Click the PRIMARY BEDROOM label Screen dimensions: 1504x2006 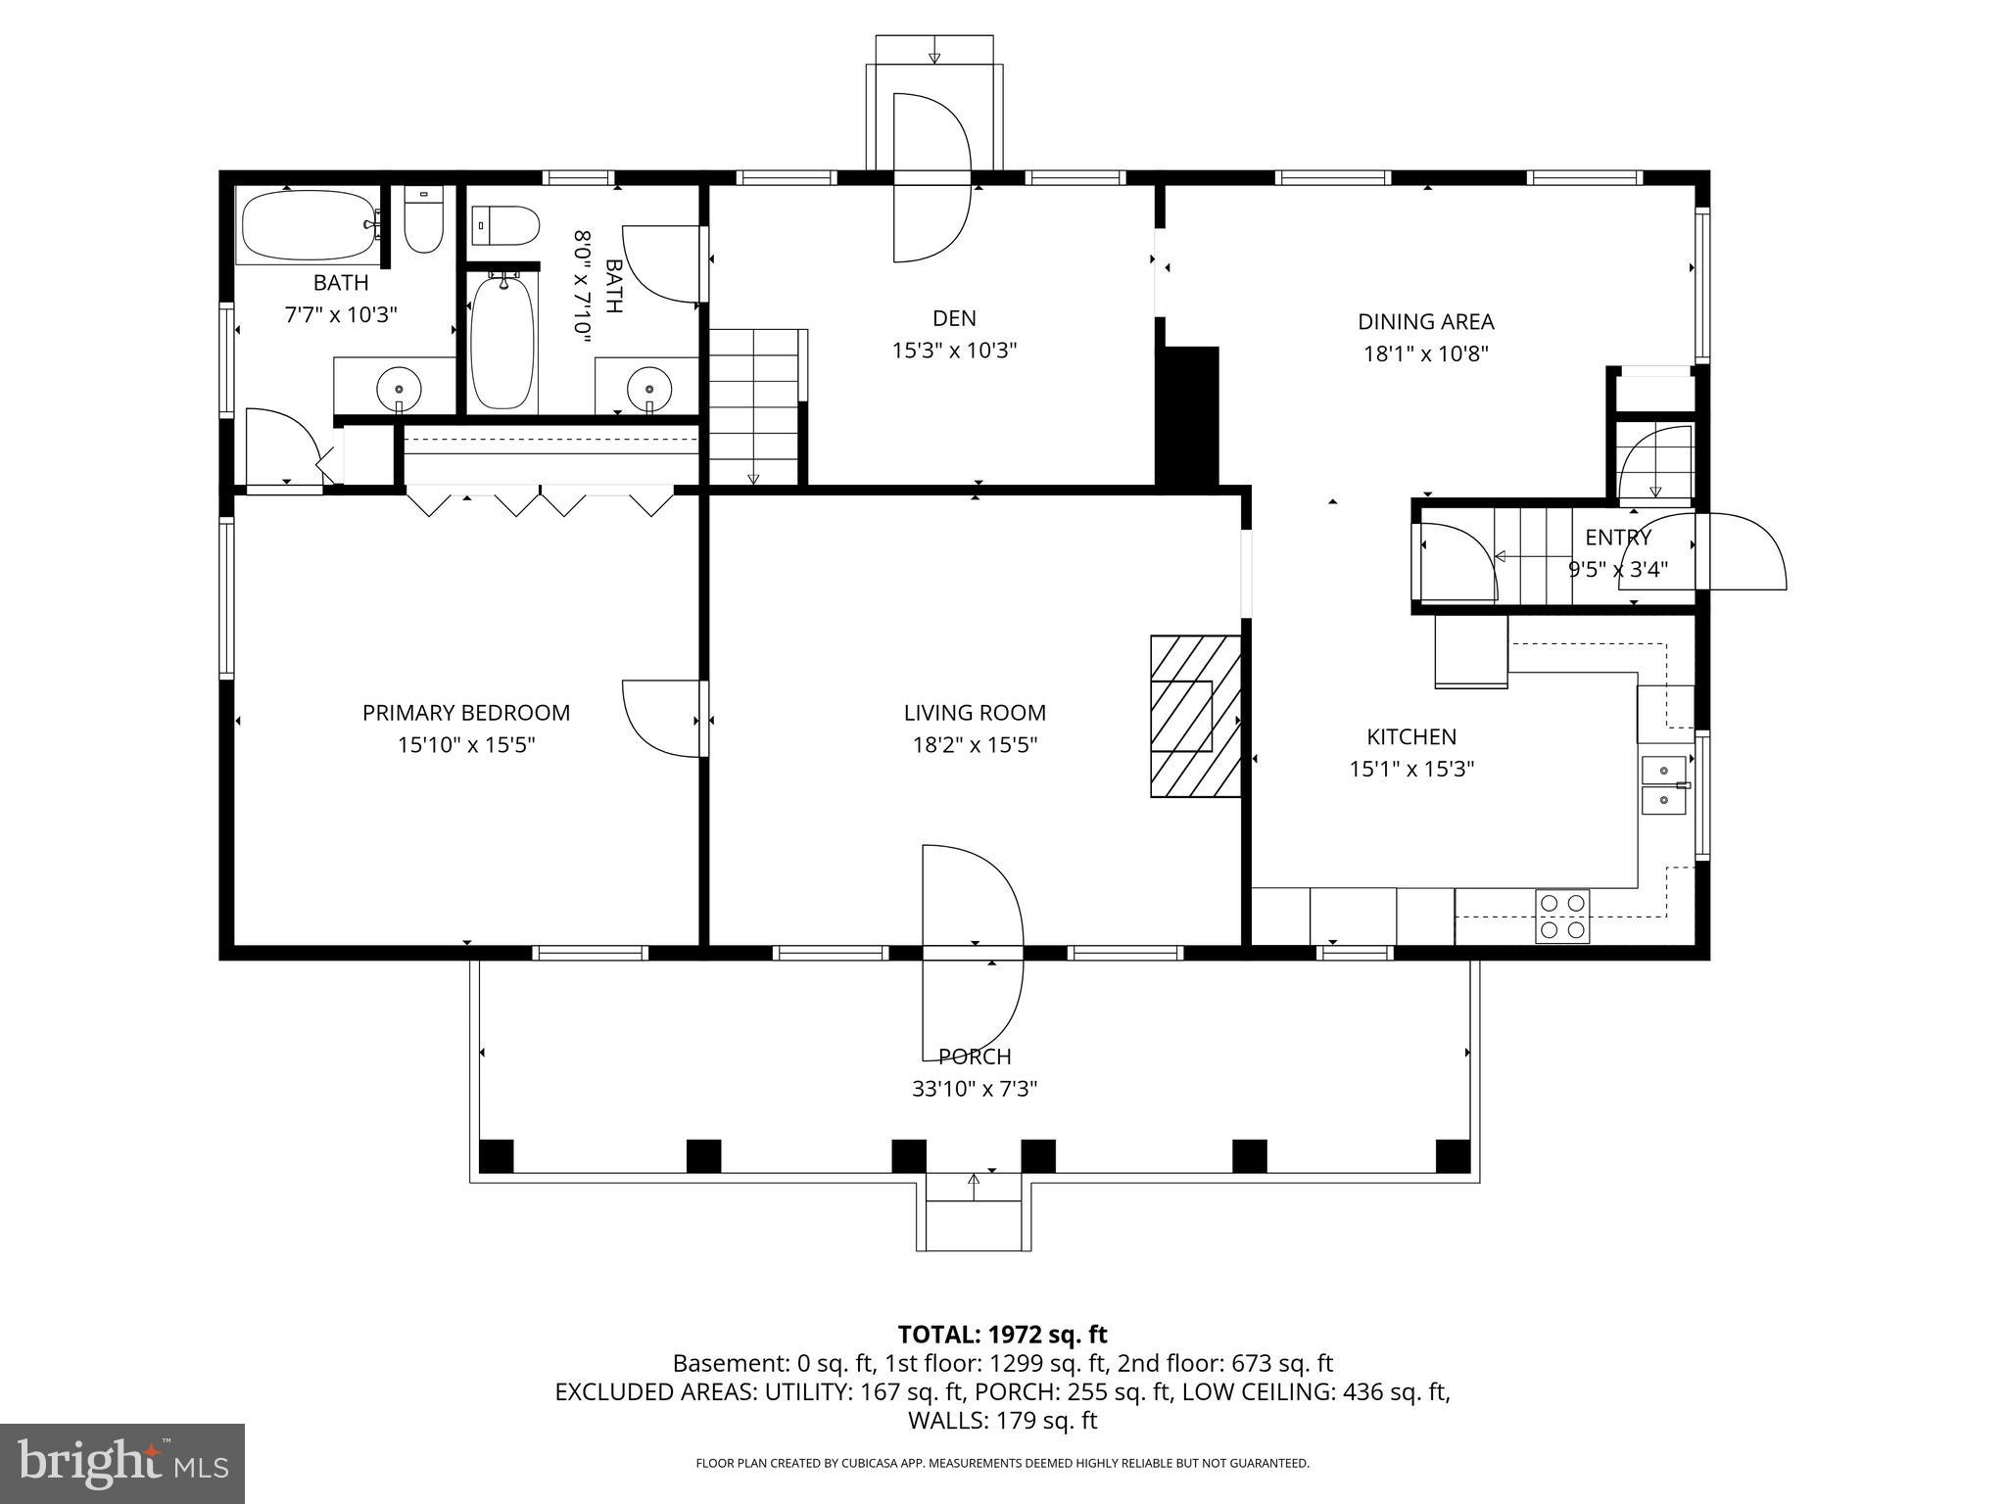(x=466, y=713)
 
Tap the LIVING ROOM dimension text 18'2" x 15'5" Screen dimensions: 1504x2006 (x=975, y=745)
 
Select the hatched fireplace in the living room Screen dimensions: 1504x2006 (x=1195, y=716)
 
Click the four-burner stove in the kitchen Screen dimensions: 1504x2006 (x=1562, y=916)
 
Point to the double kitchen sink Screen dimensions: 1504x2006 (x=1664, y=785)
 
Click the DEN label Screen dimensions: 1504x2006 (x=954, y=318)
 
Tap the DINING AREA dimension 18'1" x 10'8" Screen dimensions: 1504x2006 (x=1426, y=353)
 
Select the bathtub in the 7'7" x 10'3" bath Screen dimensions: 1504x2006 (x=308, y=225)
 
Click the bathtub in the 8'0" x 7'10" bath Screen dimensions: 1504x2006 (x=502, y=343)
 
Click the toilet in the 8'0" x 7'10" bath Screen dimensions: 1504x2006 (x=506, y=226)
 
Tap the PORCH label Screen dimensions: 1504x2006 (x=975, y=1057)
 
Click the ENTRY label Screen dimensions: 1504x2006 (x=1618, y=538)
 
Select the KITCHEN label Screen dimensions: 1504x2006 (x=1411, y=736)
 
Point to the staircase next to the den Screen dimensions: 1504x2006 (x=754, y=406)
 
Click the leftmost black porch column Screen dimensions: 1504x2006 (x=496, y=1155)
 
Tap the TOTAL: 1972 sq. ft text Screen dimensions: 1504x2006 (x=1002, y=1335)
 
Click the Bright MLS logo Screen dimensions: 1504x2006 (x=122, y=1463)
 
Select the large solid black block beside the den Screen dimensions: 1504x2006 (x=1187, y=415)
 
